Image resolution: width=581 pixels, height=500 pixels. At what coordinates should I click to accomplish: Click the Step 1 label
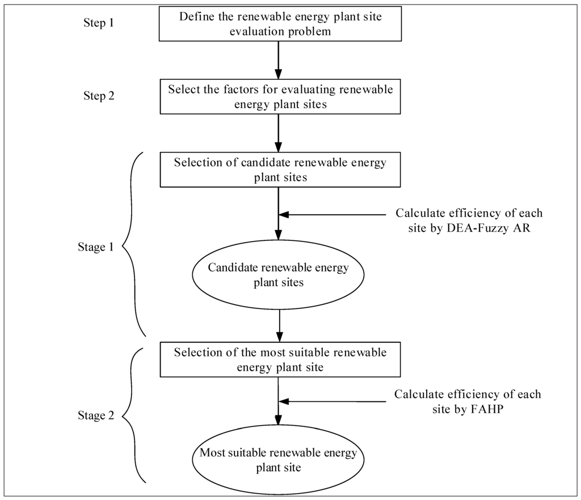pyautogui.click(x=95, y=24)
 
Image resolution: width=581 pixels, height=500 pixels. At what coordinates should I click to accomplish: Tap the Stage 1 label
pyautogui.click(x=95, y=247)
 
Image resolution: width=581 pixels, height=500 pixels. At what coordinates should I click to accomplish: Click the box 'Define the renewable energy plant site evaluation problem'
pyautogui.click(x=278, y=23)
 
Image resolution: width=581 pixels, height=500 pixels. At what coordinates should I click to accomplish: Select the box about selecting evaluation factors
pyautogui.click(x=278, y=97)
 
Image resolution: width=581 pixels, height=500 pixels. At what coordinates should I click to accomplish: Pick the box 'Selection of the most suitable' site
pyautogui.click(x=278, y=360)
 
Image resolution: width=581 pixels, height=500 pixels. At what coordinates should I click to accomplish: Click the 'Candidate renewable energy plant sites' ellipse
pyautogui.click(x=278, y=275)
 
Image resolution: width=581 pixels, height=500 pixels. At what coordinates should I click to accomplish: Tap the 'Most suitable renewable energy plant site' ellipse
pyautogui.click(x=278, y=460)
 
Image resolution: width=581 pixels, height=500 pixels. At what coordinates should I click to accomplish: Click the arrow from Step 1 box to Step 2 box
pyautogui.click(x=278, y=60)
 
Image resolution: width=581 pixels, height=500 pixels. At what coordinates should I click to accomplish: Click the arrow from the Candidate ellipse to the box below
pyautogui.click(x=278, y=326)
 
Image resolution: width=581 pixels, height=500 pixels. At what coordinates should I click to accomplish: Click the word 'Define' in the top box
pyautogui.click(x=196, y=16)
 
